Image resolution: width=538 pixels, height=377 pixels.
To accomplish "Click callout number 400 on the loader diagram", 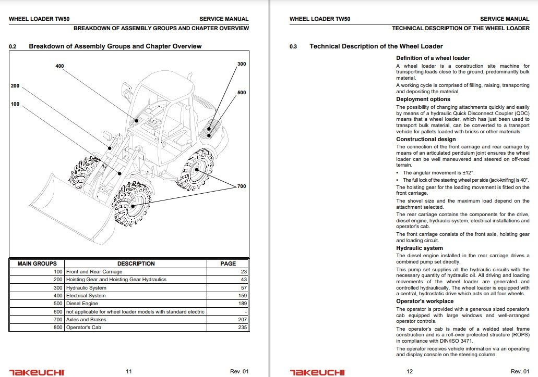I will coord(59,66).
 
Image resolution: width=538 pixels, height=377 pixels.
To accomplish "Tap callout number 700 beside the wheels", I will coord(241,186).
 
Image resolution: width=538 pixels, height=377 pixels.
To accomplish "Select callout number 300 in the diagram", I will coord(241,64).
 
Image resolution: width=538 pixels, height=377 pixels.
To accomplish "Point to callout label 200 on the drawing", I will coord(15,85).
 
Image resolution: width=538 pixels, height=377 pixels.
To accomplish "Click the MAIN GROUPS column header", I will coord(37,263).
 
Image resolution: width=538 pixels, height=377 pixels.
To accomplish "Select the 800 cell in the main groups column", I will coord(58,328).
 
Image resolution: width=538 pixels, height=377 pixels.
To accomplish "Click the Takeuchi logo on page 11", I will coord(37,372).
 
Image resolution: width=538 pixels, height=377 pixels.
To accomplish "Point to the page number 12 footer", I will coord(410,371).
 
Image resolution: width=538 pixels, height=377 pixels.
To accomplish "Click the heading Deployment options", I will coord(423,99).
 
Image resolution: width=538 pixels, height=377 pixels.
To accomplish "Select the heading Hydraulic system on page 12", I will coord(420,248).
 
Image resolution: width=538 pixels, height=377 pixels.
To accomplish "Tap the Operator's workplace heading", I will coord(425,301).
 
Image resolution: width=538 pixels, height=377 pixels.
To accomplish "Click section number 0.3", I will coord(293,47).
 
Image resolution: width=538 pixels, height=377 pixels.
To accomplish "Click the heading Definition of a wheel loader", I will coord(433,58).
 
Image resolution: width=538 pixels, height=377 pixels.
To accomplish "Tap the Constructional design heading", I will coord(426,140).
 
